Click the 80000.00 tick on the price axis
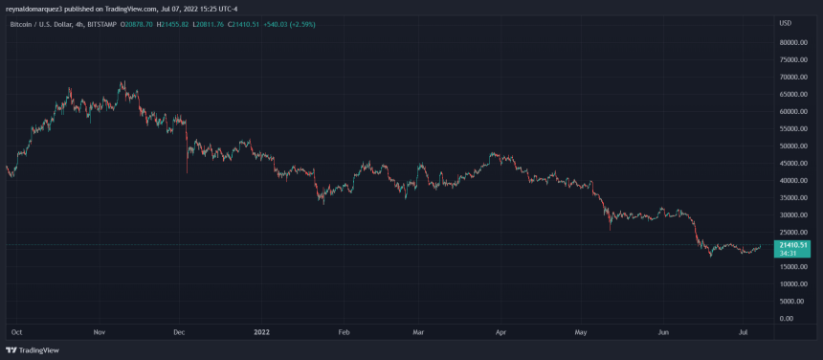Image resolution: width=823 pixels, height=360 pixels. (x=794, y=42)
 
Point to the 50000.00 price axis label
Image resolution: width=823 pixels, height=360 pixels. (x=794, y=146)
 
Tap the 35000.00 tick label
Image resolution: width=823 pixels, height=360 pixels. (x=794, y=197)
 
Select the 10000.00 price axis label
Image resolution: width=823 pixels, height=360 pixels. (x=794, y=283)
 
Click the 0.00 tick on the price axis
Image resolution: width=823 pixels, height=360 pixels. (x=786, y=318)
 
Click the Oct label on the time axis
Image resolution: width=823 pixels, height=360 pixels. (x=16, y=331)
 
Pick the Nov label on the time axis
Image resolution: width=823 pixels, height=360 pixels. (x=100, y=331)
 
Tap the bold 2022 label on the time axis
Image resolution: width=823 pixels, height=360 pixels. (x=262, y=331)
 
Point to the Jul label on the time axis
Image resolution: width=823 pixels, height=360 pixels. (x=743, y=331)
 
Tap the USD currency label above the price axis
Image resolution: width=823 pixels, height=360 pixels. (x=786, y=22)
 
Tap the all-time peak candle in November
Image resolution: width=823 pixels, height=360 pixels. (x=122, y=82)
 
